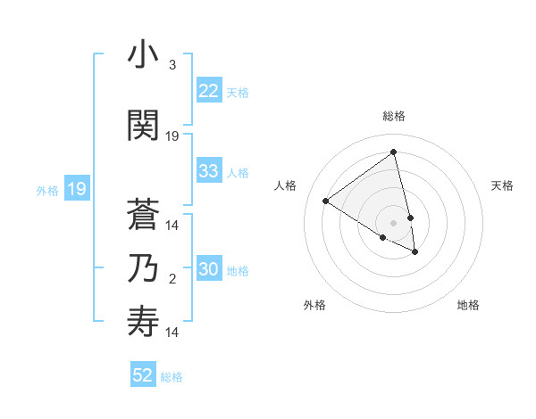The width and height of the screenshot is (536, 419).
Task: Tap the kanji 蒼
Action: pyautogui.click(x=143, y=213)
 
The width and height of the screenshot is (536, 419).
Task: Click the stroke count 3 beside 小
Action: pyautogui.click(x=172, y=65)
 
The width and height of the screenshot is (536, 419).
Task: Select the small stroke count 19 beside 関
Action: pyautogui.click(x=172, y=136)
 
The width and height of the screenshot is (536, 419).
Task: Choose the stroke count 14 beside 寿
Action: pyautogui.click(x=172, y=333)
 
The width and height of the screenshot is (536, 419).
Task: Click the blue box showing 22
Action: pyautogui.click(x=208, y=91)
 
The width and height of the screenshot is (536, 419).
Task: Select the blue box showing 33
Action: pyautogui.click(x=208, y=171)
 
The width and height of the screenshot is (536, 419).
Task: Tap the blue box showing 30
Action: pyautogui.click(x=208, y=270)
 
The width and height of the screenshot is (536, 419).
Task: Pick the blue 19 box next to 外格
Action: pyautogui.click(x=76, y=189)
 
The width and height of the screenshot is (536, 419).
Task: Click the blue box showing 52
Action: pyautogui.click(x=143, y=375)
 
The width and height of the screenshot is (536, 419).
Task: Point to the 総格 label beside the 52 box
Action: pyautogui.click(x=172, y=377)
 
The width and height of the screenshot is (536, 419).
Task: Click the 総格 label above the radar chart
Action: pyautogui.click(x=393, y=116)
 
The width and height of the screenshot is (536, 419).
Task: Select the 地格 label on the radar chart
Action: pyautogui.click(x=468, y=305)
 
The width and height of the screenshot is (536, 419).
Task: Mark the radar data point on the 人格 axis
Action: pyautogui.click(x=325, y=201)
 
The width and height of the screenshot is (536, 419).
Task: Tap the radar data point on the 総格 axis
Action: pyautogui.click(x=393, y=152)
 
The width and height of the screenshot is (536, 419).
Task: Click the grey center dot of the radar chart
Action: pyautogui.click(x=393, y=222)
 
